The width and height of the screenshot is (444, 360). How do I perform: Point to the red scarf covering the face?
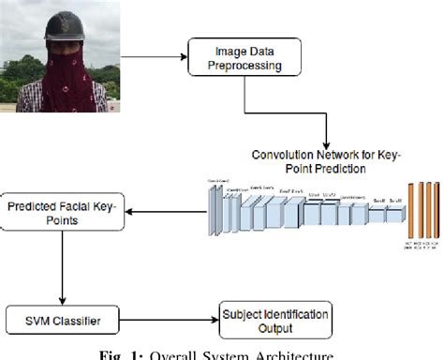(63, 70)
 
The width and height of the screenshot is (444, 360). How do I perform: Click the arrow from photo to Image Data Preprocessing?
(155, 57)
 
